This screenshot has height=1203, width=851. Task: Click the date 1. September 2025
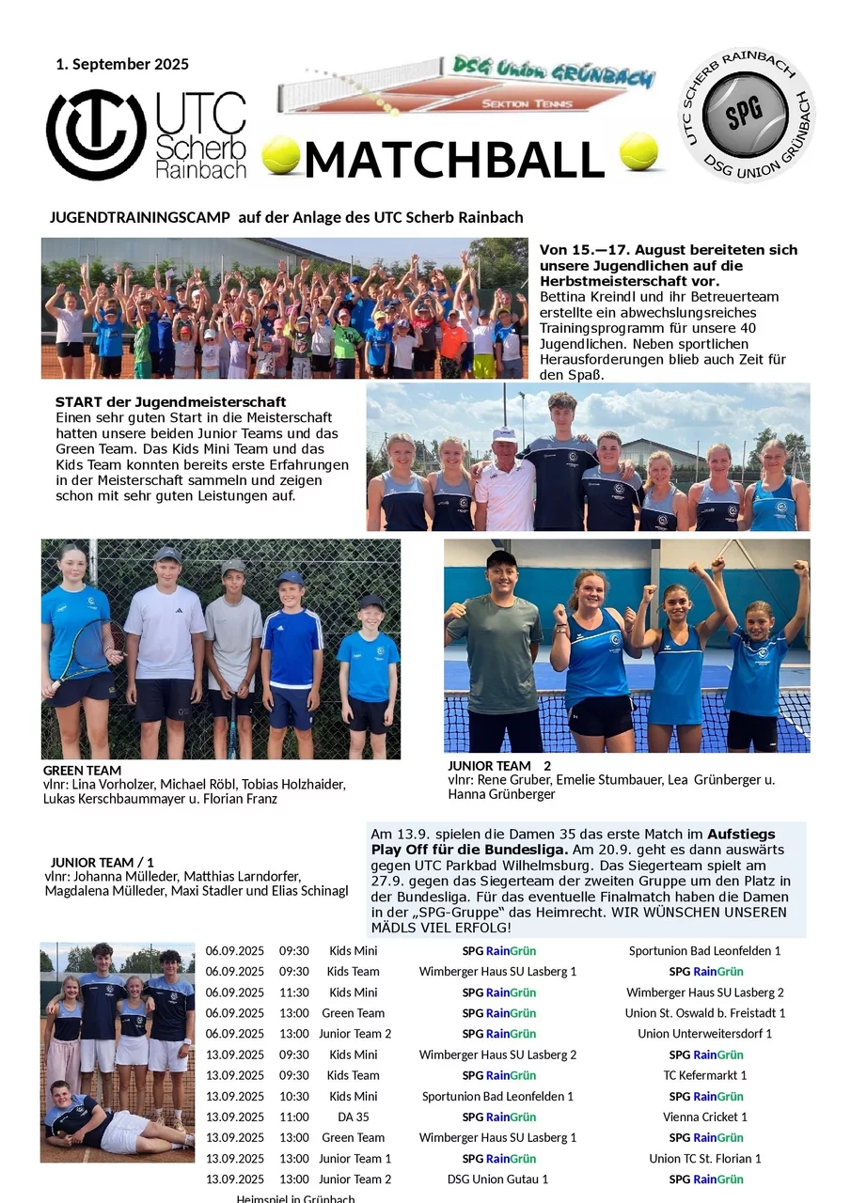pos(122,65)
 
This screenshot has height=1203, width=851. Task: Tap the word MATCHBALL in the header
pos(453,161)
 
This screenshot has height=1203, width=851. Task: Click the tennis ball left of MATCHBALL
pos(280,155)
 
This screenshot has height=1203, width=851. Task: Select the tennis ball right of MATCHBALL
pos(638,151)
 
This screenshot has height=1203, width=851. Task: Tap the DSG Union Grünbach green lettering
pos(552,70)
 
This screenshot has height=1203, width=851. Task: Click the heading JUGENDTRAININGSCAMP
pos(139,217)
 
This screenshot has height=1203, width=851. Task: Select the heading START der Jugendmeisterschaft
pos(170,402)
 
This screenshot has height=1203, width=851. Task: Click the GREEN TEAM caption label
pos(82,771)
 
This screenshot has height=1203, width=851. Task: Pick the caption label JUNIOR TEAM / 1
pos(102,862)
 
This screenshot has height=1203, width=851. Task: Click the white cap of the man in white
pos(505,434)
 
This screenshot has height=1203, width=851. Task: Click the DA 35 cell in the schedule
pos(353,1117)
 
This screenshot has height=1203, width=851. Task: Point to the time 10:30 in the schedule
pos(293,1096)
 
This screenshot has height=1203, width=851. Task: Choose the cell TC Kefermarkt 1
pos(704,1075)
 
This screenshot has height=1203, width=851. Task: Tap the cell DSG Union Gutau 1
pos(497,1179)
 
